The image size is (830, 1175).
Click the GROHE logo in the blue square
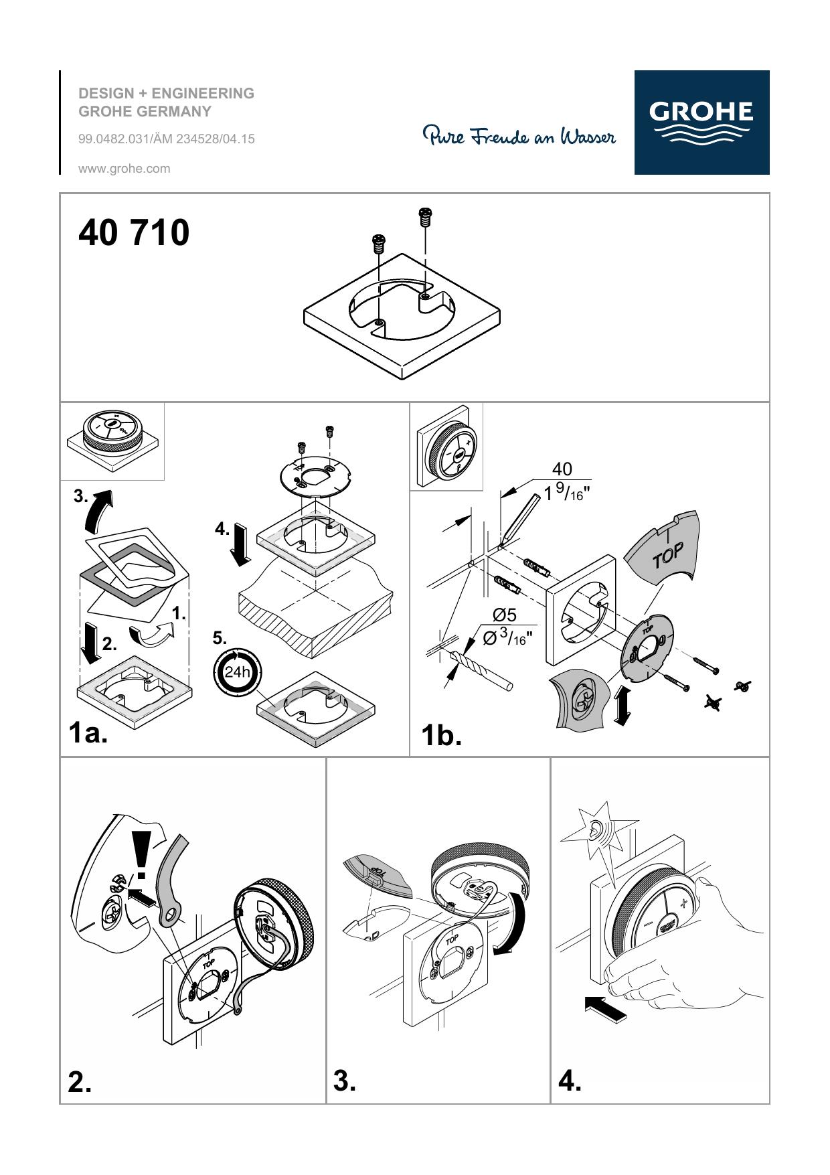pos(701,123)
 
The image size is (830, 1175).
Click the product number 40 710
pos(134,233)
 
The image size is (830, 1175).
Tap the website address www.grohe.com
pos(124,169)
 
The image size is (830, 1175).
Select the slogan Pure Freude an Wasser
pos(519,136)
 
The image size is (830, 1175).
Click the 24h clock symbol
pos(237,672)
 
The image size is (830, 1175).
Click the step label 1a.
pos(88,733)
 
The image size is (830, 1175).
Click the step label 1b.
pos(441,736)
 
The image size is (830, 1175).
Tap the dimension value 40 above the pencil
pos(562,469)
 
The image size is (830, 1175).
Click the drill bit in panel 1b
pos(483,670)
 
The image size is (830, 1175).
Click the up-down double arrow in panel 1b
pos(622,705)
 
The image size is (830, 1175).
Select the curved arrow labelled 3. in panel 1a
pos(100,508)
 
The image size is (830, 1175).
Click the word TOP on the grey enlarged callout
pos(668,556)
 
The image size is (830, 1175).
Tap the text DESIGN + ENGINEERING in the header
pos(167,93)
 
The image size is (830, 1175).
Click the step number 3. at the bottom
pos(345,1081)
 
